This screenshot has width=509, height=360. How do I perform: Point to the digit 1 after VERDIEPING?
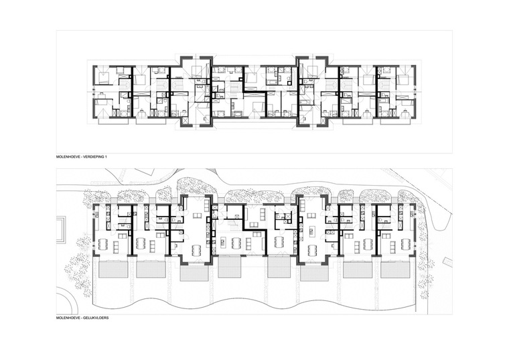[105, 157]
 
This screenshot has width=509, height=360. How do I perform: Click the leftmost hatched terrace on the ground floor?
[112, 269]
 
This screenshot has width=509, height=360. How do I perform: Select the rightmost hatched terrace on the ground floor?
[394, 269]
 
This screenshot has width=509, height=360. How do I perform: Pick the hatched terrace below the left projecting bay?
[194, 275]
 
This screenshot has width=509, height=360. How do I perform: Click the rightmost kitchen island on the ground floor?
[311, 232]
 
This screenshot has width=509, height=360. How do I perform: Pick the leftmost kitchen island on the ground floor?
[222, 241]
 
